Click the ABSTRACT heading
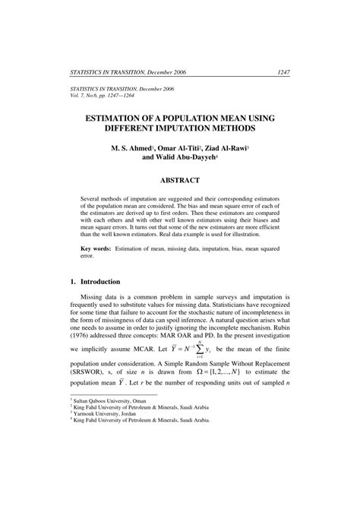pos(179,180)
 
